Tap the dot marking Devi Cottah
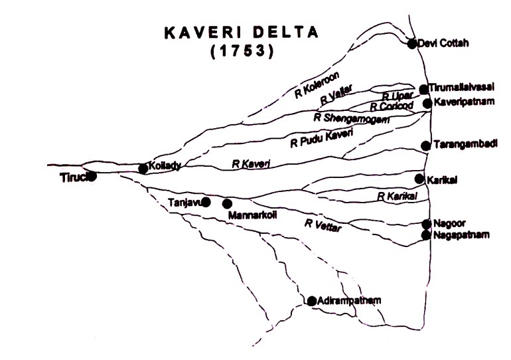click(412, 44)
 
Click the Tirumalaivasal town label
click(461, 88)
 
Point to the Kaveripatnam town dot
click(427, 103)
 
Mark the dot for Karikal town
click(419, 179)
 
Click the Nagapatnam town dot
click(425, 235)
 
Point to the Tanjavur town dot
click(206, 201)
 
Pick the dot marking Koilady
click(143, 169)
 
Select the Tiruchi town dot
click(92, 176)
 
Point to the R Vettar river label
click(323, 225)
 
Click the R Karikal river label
click(396, 197)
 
